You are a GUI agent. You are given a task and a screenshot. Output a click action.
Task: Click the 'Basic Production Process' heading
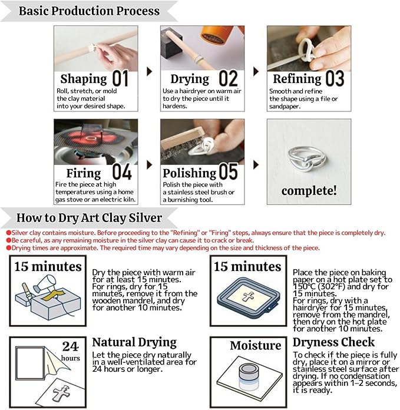89,11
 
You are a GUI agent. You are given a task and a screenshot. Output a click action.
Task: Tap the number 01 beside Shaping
120,78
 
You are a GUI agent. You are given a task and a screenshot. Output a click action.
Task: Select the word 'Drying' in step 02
190,79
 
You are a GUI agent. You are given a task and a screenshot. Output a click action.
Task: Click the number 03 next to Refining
335,78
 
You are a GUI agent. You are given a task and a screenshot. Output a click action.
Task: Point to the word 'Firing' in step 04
83,173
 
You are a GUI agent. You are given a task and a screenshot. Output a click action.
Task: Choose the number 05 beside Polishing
228,173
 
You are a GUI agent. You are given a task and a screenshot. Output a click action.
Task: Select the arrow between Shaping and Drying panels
149,71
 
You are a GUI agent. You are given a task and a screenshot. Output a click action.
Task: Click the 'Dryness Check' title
333,342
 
